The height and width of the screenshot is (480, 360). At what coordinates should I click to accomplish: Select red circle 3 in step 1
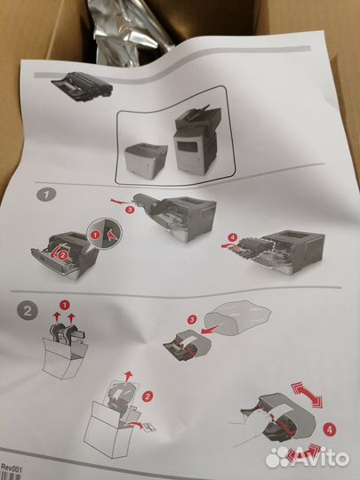pos(130,210)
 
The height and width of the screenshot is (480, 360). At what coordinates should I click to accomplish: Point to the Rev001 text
pos(12,468)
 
